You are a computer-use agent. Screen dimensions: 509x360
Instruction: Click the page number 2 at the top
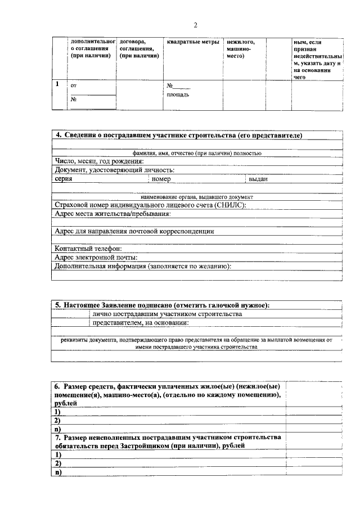click(x=196, y=25)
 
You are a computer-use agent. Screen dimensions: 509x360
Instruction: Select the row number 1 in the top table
click(x=57, y=84)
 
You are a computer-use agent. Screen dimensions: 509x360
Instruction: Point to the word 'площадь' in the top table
click(x=178, y=94)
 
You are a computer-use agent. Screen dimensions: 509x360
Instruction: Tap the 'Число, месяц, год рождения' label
click(x=100, y=161)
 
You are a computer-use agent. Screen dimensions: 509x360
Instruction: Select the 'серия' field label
click(x=64, y=179)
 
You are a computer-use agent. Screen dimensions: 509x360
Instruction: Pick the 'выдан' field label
click(x=258, y=179)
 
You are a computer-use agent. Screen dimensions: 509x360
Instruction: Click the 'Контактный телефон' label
click(x=88, y=249)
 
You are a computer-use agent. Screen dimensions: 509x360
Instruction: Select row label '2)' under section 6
click(x=57, y=420)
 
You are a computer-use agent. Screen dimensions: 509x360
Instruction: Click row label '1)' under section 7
click(x=57, y=454)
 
